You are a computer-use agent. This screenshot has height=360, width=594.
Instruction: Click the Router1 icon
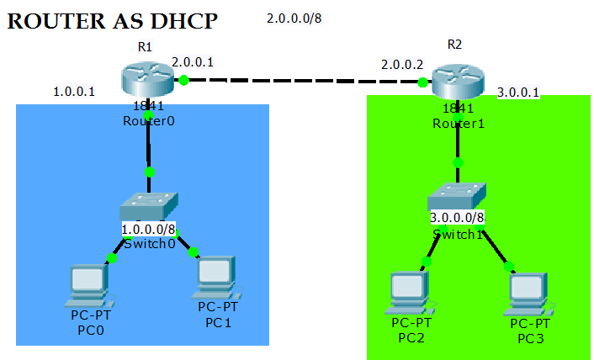pyautogui.click(x=456, y=82)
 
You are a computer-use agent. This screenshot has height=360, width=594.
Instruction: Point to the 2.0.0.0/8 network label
pyautogui.click(x=294, y=18)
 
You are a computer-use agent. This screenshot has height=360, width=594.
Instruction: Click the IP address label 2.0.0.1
pyautogui.click(x=193, y=61)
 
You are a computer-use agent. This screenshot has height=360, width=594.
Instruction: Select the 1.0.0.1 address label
pyautogui.click(x=74, y=91)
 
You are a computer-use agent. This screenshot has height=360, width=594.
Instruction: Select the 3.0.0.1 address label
pyautogui.click(x=517, y=93)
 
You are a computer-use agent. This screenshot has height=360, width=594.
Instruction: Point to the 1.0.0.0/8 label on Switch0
pyautogui.click(x=149, y=229)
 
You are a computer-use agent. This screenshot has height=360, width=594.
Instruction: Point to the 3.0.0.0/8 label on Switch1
pyautogui.click(x=457, y=218)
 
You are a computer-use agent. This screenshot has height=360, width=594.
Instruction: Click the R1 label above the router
pyautogui.click(x=145, y=47)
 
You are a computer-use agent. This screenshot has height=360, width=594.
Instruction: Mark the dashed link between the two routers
pyautogui.click(x=303, y=81)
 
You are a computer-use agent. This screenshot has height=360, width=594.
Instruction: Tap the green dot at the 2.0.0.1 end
pyautogui.click(x=183, y=80)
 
